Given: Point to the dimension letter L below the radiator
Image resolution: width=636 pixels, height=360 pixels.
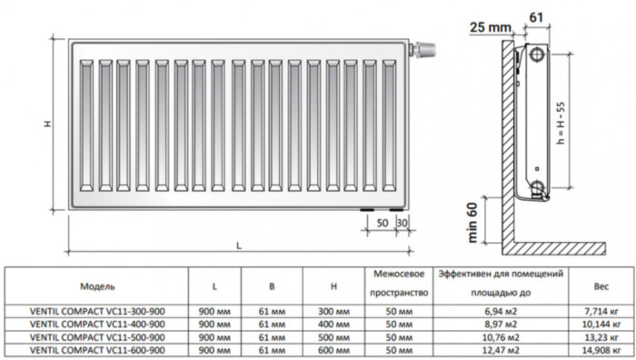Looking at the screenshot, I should point(238,245).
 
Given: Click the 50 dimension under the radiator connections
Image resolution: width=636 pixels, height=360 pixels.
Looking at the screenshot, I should point(383,223).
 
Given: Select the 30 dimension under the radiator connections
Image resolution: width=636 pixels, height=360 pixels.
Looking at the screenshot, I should point(402,223).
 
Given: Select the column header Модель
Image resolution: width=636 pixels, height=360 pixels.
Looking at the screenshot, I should point(97,286).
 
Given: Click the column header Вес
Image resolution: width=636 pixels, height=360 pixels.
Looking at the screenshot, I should point(601,286).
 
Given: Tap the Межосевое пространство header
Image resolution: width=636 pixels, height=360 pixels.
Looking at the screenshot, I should point(399,284).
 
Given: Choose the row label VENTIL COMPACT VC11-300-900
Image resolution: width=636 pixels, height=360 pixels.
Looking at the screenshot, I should point(97,312).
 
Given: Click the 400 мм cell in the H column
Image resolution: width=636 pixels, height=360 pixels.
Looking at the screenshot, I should point(335,324).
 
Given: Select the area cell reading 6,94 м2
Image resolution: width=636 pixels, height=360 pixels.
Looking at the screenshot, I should point(502,312).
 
